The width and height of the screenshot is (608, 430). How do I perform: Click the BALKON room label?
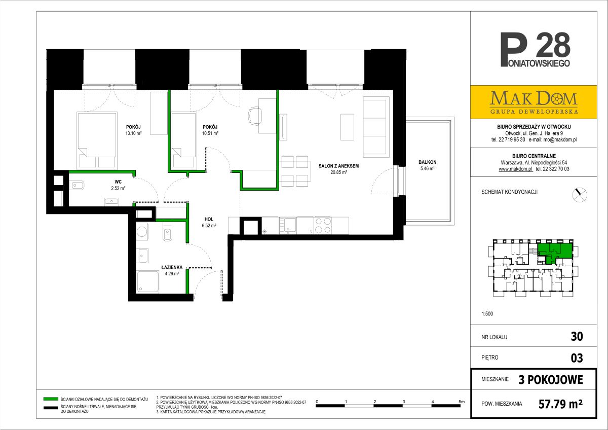tap(428, 162)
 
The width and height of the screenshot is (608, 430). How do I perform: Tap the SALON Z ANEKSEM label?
tap(338, 166)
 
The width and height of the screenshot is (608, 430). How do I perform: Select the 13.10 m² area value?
tap(133, 133)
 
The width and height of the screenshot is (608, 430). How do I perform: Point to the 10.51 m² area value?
tap(210, 133)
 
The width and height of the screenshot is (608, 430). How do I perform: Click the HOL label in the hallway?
tap(209, 219)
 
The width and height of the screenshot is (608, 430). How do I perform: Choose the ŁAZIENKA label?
tap(172, 267)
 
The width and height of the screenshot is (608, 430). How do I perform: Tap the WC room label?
tap(118, 182)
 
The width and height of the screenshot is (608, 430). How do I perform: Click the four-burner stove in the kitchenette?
tap(323, 226)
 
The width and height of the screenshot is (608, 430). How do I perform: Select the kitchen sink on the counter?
tap(288, 226)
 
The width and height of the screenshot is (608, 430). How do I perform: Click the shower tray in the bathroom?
tap(147, 282)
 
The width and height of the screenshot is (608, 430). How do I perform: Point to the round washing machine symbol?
tap(142, 232)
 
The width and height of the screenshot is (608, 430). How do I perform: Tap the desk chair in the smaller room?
tap(255, 116)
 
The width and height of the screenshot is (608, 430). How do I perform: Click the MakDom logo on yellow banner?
tap(534, 102)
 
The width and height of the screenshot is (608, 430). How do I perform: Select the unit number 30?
tap(577, 337)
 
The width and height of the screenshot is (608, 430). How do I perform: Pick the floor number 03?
tap(577, 358)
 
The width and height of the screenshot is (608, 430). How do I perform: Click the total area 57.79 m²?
tap(560, 404)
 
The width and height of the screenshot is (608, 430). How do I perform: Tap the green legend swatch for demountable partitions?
tap(51, 399)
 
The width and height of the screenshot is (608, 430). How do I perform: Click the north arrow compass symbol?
tap(580, 195)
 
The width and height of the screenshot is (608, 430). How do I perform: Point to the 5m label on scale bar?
tap(462, 402)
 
